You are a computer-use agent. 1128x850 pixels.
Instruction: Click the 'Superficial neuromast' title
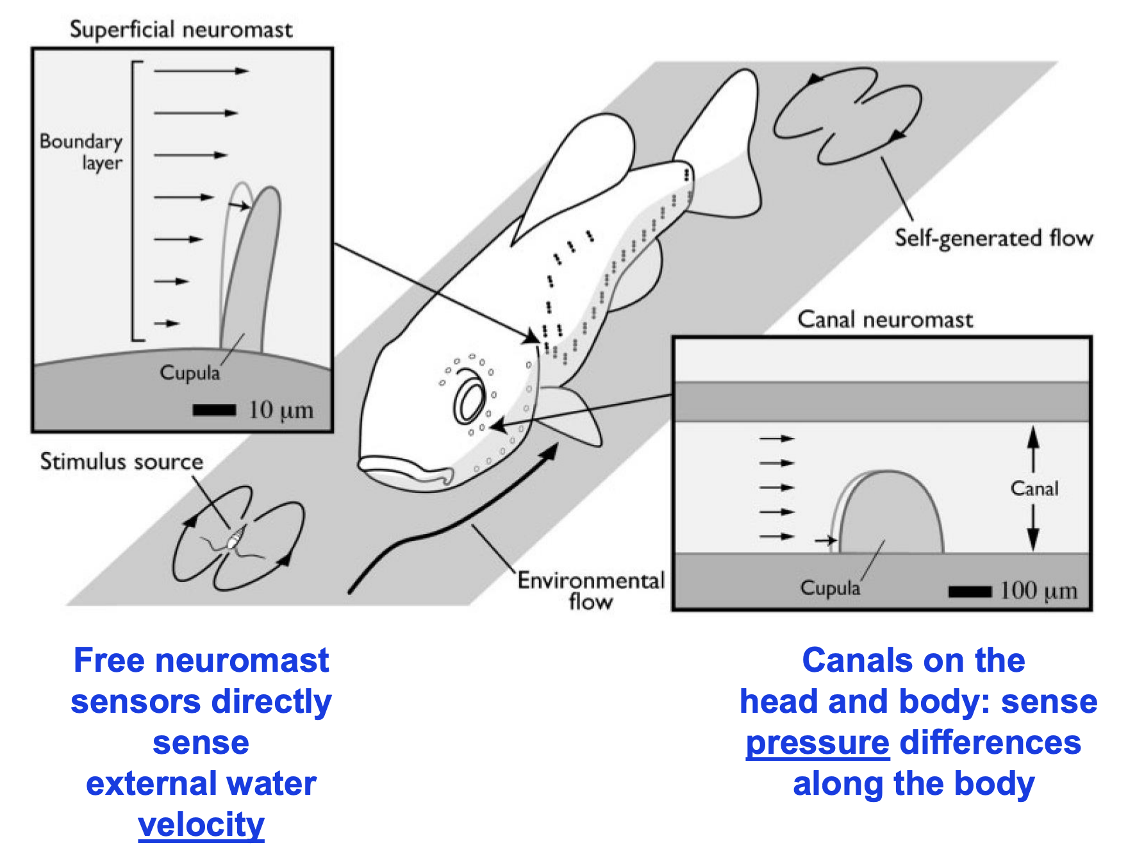pyautogui.click(x=181, y=29)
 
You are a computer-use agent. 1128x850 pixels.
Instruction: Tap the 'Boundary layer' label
pyautogui.click(x=81, y=151)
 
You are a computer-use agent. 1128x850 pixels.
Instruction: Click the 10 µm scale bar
pyautogui.click(x=214, y=410)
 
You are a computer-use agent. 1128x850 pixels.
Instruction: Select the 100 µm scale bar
pyautogui.click(x=970, y=591)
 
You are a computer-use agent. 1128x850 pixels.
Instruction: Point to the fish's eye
pyautogui.click(x=470, y=403)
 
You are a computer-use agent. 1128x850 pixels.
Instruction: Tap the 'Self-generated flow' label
pyautogui.click(x=993, y=238)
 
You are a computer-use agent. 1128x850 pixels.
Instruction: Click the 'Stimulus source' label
pyautogui.click(x=121, y=462)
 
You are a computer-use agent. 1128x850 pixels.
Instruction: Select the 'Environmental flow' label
pyautogui.click(x=590, y=590)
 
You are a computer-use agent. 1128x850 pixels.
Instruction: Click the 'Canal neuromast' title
pyautogui.click(x=884, y=319)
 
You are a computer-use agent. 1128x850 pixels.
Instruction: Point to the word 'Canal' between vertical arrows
pyautogui.click(x=1034, y=488)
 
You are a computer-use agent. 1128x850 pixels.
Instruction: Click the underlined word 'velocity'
pyautogui.click(x=201, y=824)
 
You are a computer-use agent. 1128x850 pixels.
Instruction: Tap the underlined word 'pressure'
pyautogui.click(x=817, y=742)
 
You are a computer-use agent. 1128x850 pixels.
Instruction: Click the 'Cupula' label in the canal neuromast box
pyautogui.click(x=829, y=588)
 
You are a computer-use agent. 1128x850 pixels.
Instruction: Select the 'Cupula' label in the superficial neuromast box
pyautogui.click(x=190, y=372)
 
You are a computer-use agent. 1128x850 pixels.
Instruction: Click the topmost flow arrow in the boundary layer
pyautogui.click(x=201, y=71)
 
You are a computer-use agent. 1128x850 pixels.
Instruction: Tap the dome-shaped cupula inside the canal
pyautogui.click(x=891, y=516)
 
